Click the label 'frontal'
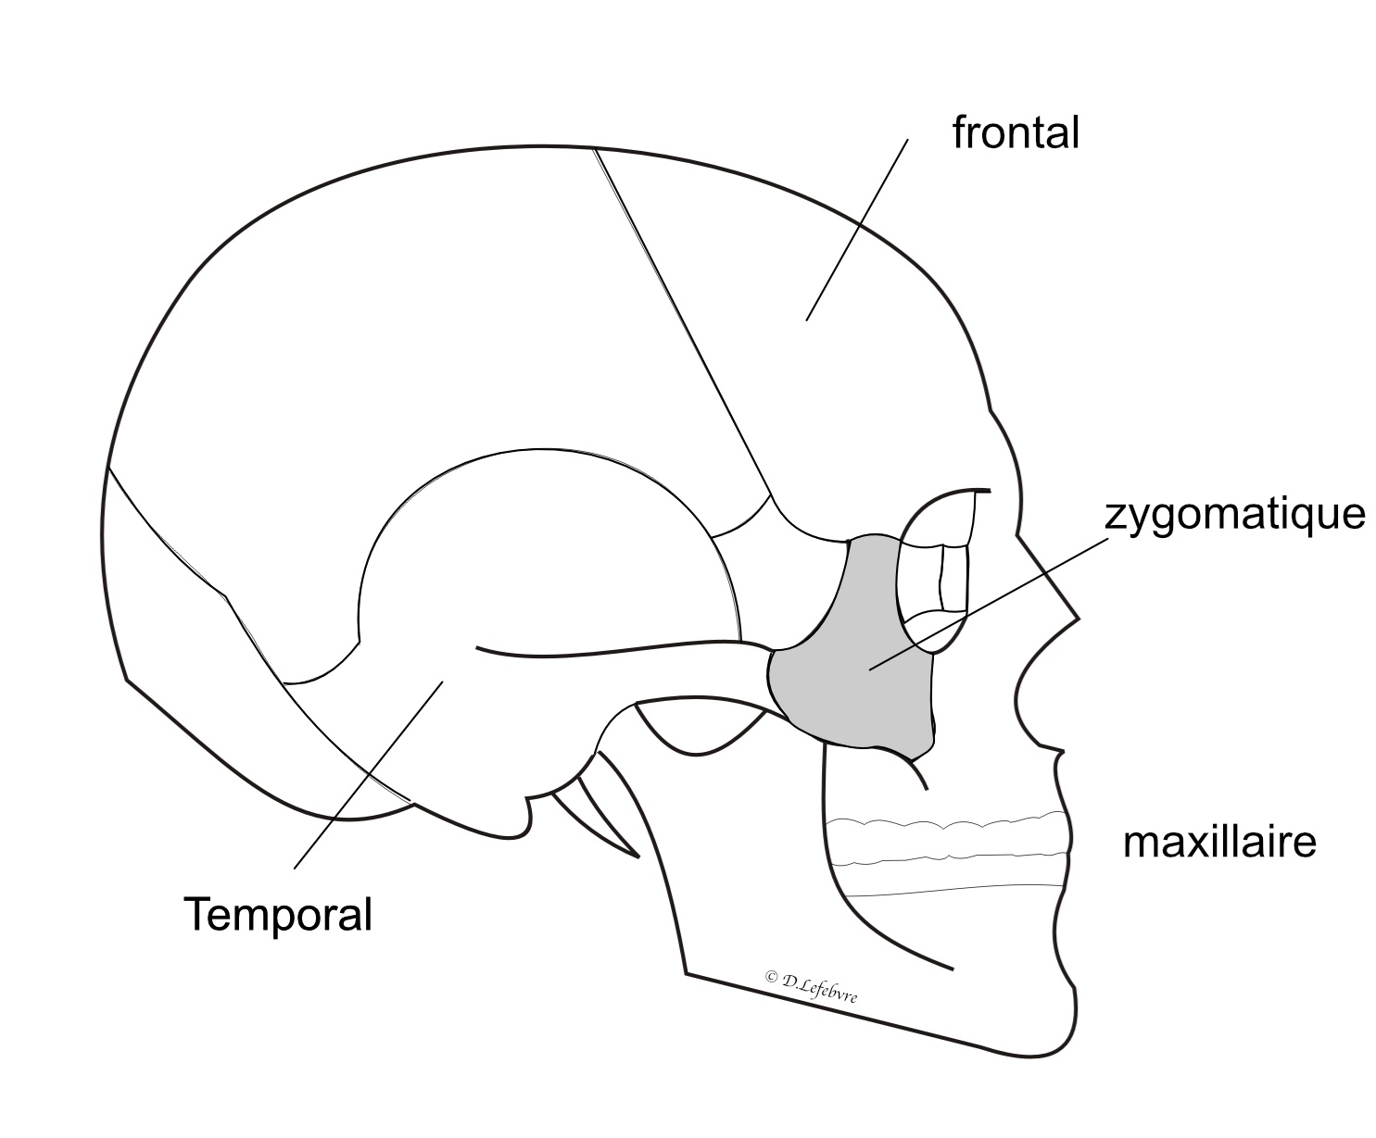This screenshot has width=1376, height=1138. point(1016,133)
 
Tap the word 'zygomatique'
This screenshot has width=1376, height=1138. point(1234,514)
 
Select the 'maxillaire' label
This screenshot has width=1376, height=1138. point(1219,843)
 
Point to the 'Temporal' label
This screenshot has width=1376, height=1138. point(278,915)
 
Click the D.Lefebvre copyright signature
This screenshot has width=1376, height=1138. point(811,986)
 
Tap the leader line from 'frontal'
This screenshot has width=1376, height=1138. point(857,230)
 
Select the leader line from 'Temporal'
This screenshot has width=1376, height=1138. point(369,775)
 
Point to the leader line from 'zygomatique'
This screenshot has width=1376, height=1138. point(989,604)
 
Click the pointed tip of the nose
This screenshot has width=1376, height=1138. point(1079,619)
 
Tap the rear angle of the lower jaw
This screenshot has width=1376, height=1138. point(686,972)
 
